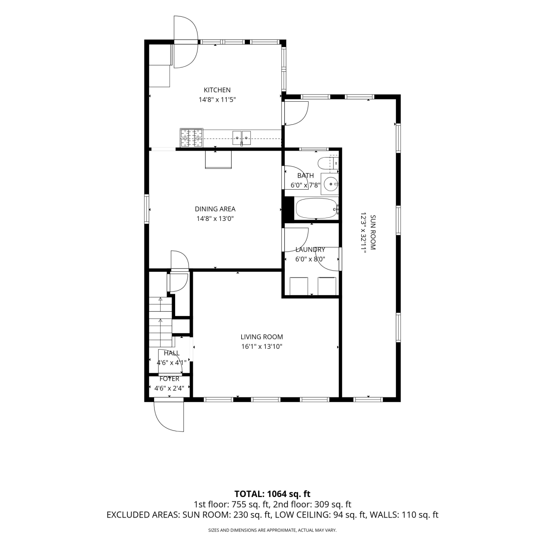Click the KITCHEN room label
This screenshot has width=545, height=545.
[x=217, y=90]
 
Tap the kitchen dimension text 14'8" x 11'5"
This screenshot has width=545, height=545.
[x=217, y=100]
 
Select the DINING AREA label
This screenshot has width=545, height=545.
[x=215, y=209]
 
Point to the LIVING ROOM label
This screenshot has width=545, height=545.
[x=262, y=337]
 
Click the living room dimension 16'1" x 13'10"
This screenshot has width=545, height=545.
[x=262, y=347]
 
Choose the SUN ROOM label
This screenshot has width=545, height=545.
[x=373, y=233]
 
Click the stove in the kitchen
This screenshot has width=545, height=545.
[x=191, y=138]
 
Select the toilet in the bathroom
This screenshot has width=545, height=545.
[x=328, y=163]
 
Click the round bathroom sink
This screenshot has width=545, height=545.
[x=331, y=184]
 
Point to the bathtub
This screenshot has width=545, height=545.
[x=316, y=209]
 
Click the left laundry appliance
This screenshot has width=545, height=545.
[x=299, y=286]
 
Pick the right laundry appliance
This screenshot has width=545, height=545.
[x=327, y=286]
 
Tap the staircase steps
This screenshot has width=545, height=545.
[x=160, y=322]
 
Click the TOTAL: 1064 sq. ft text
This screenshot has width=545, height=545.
[x=272, y=494]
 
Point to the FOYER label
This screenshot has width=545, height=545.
[x=169, y=379]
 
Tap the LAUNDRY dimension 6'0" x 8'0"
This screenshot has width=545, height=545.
[x=310, y=259]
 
